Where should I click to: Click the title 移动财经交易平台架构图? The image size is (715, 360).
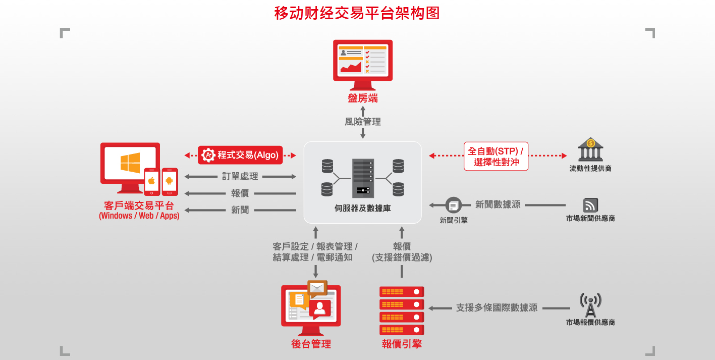click(357, 13)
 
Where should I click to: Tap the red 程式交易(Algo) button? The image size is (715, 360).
click(240, 155)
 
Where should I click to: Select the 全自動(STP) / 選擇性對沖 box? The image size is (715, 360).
click(496, 156)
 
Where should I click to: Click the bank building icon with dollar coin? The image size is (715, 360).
click(590, 149)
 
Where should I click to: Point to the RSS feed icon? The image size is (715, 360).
click(590, 205)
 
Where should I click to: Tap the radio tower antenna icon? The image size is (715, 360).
click(590, 305)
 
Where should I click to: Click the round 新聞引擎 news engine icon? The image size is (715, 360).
click(453, 205)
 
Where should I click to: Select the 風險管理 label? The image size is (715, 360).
click(363, 122)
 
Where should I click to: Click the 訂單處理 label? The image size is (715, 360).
click(240, 176)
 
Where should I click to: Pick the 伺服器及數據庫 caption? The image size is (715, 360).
click(363, 208)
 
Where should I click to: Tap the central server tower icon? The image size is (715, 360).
click(363, 178)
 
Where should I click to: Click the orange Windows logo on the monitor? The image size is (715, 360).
click(130, 163)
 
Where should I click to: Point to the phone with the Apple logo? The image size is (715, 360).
click(151, 182)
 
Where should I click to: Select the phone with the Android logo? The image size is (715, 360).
click(170, 182)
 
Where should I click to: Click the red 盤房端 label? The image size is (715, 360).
click(363, 98)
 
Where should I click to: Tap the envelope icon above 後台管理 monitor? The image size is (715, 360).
click(317, 288)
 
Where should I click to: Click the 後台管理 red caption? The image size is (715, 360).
click(311, 344)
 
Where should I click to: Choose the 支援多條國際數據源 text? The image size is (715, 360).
click(497, 307)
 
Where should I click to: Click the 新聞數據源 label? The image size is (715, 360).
click(498, 204)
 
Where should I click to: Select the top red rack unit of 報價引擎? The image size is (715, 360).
click(402, 292)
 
